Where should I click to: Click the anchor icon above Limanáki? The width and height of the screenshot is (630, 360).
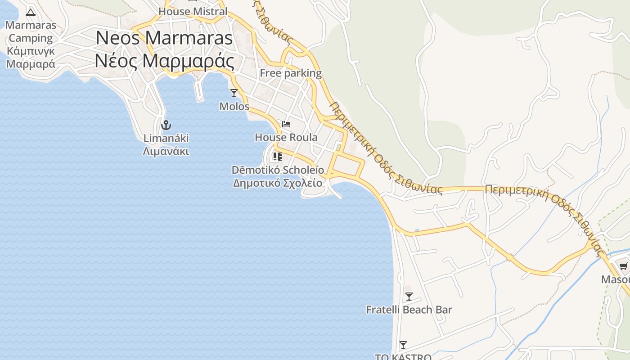[166, 125]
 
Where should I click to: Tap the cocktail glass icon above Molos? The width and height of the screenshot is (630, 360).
[234, 93]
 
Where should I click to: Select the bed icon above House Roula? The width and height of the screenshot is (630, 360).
[286, 124]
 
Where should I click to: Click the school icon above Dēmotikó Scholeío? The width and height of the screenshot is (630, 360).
[278, 157]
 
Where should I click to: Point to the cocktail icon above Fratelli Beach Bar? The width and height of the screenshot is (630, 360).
[409, 297]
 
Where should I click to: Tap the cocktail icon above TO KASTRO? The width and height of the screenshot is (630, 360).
[403, 345]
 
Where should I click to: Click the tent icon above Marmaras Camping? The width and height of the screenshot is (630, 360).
[31, 12]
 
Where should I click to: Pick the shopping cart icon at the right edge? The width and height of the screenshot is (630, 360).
[624, 266]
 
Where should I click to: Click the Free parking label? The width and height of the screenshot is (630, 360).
[291, 73]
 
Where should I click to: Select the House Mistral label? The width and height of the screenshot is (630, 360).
[193, 12]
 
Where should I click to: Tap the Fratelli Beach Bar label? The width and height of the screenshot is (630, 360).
[409, 310]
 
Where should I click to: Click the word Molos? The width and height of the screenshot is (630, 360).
[234, 107]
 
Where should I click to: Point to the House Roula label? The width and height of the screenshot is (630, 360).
[286, 137]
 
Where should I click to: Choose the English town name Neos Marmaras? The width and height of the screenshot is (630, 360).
[164, 38]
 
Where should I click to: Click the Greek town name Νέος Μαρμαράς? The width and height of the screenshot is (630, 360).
[165, 61]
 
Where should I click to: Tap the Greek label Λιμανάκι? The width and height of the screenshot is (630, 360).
[166, 151]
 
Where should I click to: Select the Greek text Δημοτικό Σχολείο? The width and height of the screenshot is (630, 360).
[278, 183]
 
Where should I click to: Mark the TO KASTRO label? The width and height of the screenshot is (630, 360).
[403, 357]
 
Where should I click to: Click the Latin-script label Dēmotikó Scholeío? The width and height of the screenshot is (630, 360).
[278, 170]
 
